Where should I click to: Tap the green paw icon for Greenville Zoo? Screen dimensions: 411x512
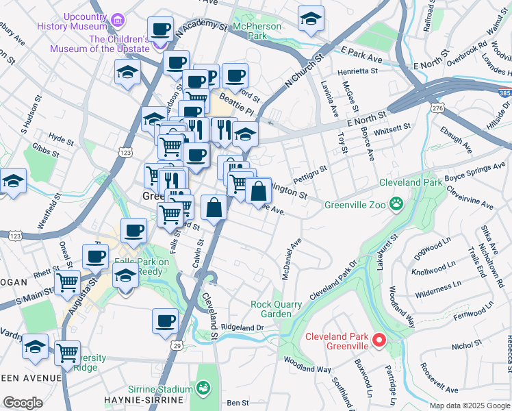(x=396, y=203)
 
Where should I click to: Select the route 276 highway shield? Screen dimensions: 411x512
(x=435, y=108)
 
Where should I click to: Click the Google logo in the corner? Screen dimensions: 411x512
(x=23, y=403)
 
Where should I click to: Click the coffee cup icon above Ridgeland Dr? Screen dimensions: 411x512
(x=165, y=321)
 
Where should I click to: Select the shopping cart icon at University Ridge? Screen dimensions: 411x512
(x=67, y=353)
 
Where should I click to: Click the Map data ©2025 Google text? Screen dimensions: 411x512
(x=469, y=405)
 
